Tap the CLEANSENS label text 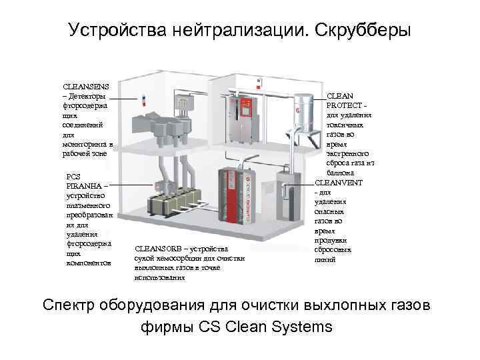point(86,87)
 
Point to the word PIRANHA point(86,186)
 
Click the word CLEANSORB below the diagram point(158,249)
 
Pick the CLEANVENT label point(338,183)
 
